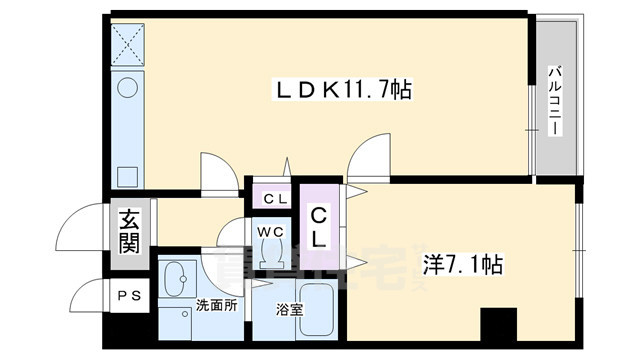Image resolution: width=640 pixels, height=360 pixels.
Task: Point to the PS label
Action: click(128, 295)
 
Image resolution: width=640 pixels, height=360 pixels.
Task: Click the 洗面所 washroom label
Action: click(216, 306)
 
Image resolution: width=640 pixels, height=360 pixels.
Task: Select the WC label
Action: click(271, 232)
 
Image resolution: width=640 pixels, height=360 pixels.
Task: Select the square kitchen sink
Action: click(128, 175)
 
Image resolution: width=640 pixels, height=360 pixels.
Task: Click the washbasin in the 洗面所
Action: click(180, 276)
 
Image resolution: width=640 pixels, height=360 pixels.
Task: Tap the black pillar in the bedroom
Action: click(497, 322)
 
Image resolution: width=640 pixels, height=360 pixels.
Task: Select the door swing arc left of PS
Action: click(86, 296)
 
